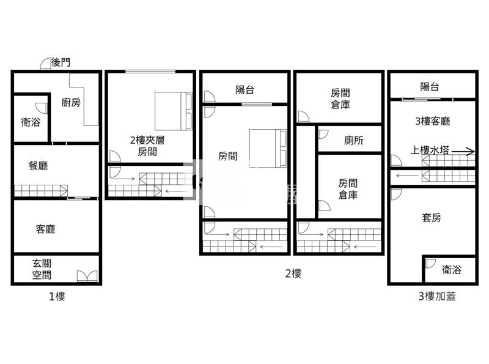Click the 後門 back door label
click(x=61, y=62)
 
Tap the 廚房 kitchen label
click(x=71, y=103)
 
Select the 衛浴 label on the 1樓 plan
click(x=31, y=122)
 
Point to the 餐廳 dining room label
click(x=39, y=166)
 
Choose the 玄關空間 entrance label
click(x=42, y=269)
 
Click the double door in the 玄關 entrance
click(x=87, y=276)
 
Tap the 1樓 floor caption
click(x=57, y=297)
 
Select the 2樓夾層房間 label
click(x=147, y=146)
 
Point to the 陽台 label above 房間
click(x=244, y=90)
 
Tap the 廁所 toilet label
click(x=353, y=140)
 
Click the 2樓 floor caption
click(x=293, y=273)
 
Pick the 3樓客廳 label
click(x=433, y=121)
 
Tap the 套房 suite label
click(x=432, y=217)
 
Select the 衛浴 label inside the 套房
click(x=452, y=269)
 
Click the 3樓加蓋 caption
click(x=436, y=297)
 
